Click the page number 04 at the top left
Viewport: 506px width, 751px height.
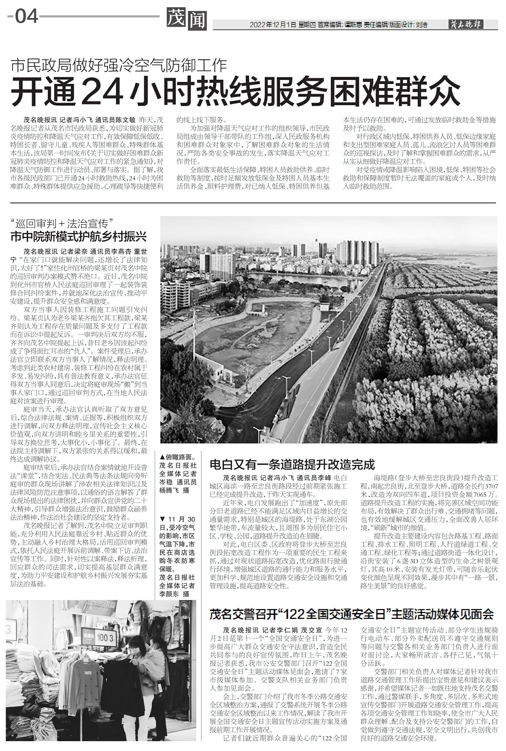(x=27, y=16)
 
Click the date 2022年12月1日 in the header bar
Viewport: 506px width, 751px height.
(x=273, y=25)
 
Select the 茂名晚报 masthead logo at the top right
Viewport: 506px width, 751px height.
(x=466, y=24)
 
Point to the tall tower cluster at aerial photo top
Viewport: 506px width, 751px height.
(x=358, y=252)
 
